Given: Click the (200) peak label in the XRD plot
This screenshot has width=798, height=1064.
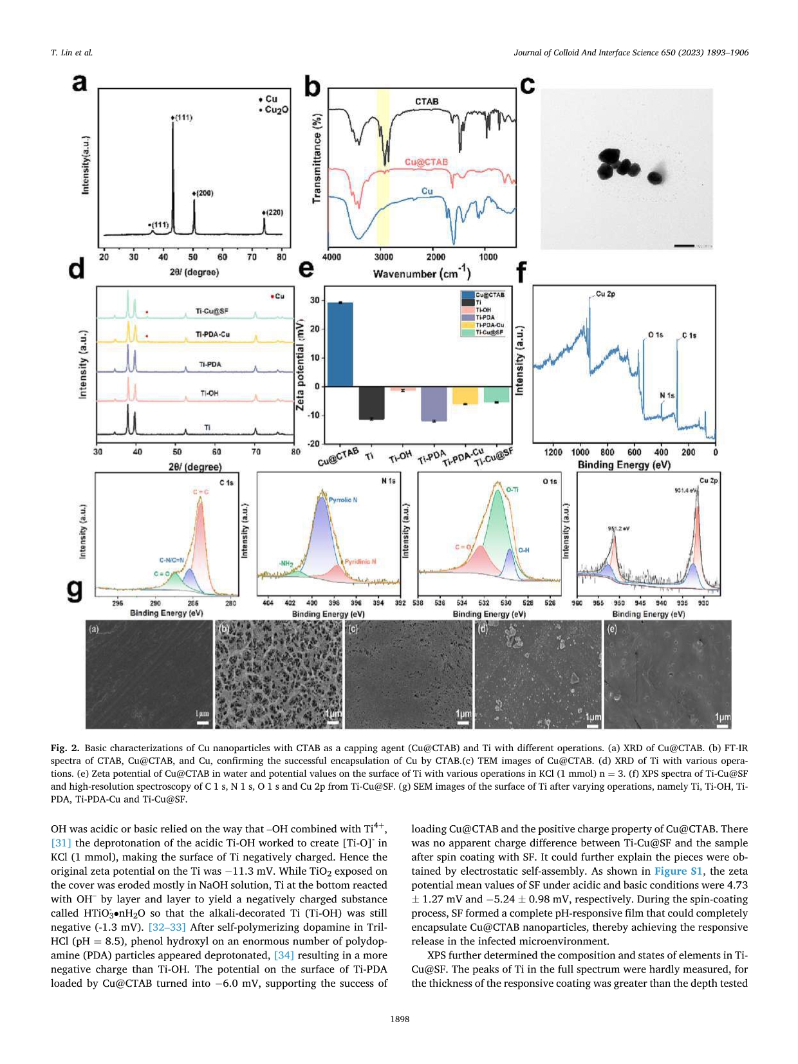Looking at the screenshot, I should click(x=203, y=193).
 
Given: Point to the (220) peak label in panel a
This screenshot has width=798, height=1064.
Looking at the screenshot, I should click(x=274, y=212).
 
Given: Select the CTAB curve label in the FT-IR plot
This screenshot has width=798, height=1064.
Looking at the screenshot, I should click(x=427, y=102).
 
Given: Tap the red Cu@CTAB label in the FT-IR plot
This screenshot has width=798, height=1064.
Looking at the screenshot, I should click(x=426, y=162).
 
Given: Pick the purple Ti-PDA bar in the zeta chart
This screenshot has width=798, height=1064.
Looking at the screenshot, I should click(x=433, y=404).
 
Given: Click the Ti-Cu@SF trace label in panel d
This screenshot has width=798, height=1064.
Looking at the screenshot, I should click(x=212, y=312).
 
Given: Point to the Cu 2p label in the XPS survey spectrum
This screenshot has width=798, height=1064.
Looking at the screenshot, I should click(x=606, y=294).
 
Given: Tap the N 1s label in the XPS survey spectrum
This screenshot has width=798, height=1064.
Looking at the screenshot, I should click(x=667, y=396).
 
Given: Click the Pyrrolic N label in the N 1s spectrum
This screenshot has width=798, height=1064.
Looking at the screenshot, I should click(x=343, y=500).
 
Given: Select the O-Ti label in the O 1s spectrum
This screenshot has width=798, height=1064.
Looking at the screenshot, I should click(x=512, y=490).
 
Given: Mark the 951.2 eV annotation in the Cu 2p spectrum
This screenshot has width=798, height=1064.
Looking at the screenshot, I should click(x=618, y=529).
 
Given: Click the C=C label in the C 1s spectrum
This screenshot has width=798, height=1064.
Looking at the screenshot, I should click(x=201, y=492).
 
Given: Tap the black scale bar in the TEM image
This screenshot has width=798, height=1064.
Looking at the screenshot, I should click(x=684, y=245).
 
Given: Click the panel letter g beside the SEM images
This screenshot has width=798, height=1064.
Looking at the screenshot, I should click(x=75, y=590).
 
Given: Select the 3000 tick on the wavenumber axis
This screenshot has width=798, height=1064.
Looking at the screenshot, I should click(x=384, y=257).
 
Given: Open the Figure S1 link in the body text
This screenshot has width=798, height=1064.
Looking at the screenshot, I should click(x=680, y=871).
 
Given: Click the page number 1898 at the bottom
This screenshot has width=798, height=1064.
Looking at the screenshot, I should click(x=399, y=1019).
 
